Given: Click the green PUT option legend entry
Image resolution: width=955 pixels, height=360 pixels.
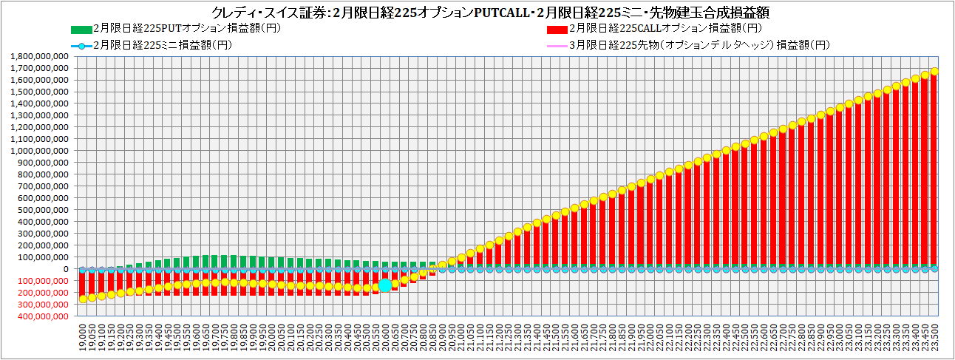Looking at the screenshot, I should click(177, 29).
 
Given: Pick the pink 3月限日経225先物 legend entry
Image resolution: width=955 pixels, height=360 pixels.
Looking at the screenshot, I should click(699, 45).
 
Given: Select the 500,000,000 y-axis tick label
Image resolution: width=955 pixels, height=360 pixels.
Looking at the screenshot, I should click(41, 210).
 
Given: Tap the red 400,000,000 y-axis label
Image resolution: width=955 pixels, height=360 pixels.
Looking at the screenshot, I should click(41, 316).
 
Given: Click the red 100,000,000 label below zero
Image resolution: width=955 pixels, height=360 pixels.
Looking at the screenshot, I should click(41, 281).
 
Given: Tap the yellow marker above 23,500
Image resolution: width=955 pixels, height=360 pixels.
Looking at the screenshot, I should click(934, 72).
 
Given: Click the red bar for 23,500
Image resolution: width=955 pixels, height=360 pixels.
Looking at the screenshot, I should click(934, 170).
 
